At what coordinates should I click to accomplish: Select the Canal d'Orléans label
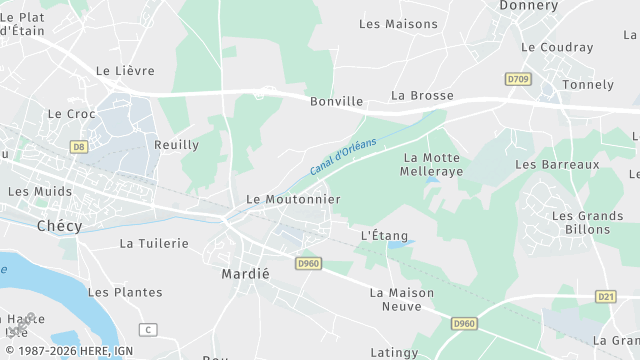343,157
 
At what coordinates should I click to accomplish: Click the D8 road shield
79,147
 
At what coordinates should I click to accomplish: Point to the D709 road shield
516,79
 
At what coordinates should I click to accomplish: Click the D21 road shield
605,297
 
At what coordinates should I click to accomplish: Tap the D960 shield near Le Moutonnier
308,263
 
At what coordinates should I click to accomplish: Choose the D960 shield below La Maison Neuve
464,324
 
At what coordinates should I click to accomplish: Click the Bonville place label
336,102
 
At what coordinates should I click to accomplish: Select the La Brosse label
422,96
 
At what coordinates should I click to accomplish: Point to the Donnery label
527,6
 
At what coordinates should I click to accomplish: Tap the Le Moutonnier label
293,199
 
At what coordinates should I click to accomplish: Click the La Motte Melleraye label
432,165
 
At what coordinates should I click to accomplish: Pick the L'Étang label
384,235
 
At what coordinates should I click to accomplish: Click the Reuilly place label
176,145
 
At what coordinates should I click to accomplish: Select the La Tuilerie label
154,243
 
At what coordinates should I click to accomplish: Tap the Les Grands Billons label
587,222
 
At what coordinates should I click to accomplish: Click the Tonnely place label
588,84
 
